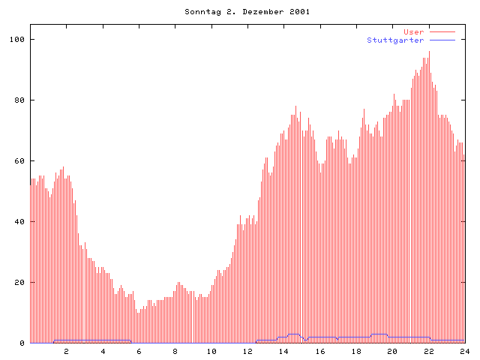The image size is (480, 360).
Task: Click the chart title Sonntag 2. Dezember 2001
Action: [247, 12]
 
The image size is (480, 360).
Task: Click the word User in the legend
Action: [414, 31]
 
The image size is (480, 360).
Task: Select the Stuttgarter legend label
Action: [395, 40]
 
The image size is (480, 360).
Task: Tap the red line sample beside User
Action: [442, 31]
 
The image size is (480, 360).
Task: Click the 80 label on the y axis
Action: [19, 100]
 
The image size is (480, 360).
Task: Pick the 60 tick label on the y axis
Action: [19, 160]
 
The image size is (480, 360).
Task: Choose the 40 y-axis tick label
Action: [19, 222]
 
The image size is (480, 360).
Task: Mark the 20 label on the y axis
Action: [19, 283]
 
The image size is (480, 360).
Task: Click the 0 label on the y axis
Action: [22, 343]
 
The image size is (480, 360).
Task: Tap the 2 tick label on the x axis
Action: [66, 351]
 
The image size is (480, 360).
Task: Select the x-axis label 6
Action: [139, 351]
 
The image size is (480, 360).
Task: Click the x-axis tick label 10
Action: [211, 351]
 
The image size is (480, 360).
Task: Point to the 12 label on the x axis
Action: [247, 351]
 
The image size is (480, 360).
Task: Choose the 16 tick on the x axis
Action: [320, 351]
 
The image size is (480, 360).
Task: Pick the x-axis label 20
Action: [392, 351]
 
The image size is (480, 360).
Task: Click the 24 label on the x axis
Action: [465, 351]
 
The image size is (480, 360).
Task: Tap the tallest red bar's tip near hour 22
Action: [429, 51]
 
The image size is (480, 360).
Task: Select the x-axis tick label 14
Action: [283, 351]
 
